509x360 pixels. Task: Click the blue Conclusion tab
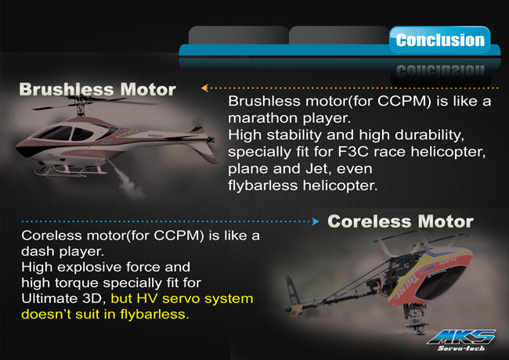point(440,40)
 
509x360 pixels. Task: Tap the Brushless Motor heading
point(97,89)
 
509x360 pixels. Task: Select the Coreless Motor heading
point(400,221)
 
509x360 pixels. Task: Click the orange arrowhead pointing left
point(204,88)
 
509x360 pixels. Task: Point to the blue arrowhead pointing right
point(316,221)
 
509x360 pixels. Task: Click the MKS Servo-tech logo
point(461,340)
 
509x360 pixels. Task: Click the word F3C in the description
point(353,152)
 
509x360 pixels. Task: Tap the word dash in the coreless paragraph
point(35,251)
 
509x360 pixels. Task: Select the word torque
point(76,283)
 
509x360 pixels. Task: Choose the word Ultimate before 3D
point(49,298)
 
